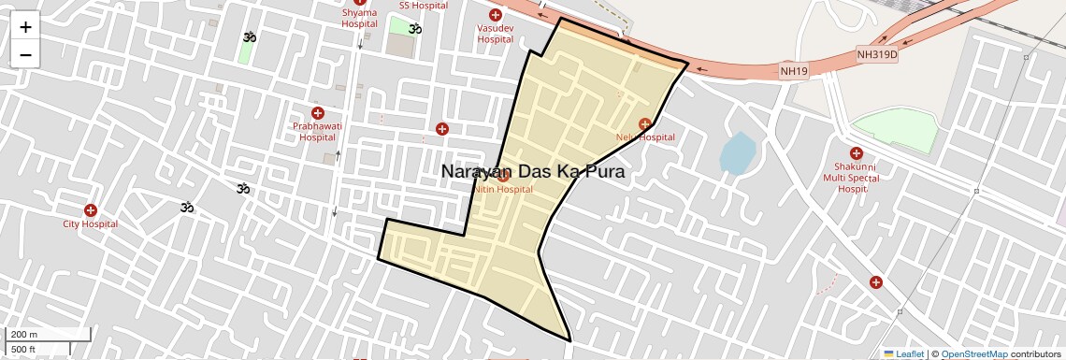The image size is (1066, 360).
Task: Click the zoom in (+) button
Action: point(25,27)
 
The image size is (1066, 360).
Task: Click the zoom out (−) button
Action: point(25,55)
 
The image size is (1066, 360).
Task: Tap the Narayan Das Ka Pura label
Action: point(532,172)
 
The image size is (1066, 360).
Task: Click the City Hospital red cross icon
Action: point(91,210)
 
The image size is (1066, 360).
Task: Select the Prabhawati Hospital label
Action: point(317,131)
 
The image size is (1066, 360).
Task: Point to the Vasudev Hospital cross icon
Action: point(496,15)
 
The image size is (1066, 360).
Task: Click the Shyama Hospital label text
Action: point(359,19)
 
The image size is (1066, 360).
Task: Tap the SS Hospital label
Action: point(424,6)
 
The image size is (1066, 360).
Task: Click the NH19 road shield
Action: point(793,71)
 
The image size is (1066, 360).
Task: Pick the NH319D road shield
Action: point(876,55)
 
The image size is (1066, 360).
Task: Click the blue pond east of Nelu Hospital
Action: point(737,152)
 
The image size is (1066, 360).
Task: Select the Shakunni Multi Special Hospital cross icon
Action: point(856,153)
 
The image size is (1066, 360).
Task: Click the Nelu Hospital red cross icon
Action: point(644,124)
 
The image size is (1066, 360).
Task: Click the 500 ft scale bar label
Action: point(24,350)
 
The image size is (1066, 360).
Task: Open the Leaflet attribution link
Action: point(910,354)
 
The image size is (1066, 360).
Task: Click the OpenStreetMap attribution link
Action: point(973,354)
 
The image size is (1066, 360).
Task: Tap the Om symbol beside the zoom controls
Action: point(249,37)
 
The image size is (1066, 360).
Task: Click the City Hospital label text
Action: point(90,224)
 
